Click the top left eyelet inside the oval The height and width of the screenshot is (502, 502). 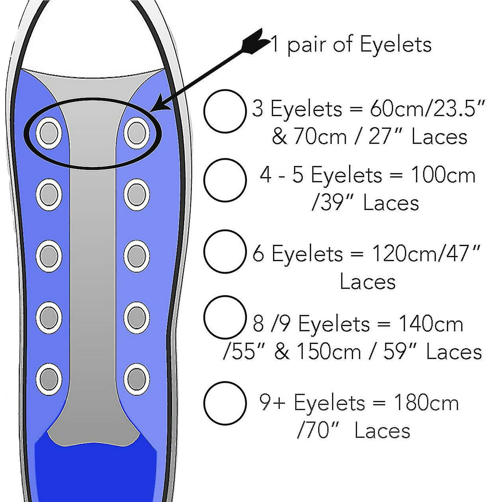(49, 133)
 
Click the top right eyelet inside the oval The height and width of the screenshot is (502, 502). (137, 133)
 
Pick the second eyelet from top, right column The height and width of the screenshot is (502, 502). (137, 195)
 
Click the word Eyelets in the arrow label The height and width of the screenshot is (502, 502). (396, 45)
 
